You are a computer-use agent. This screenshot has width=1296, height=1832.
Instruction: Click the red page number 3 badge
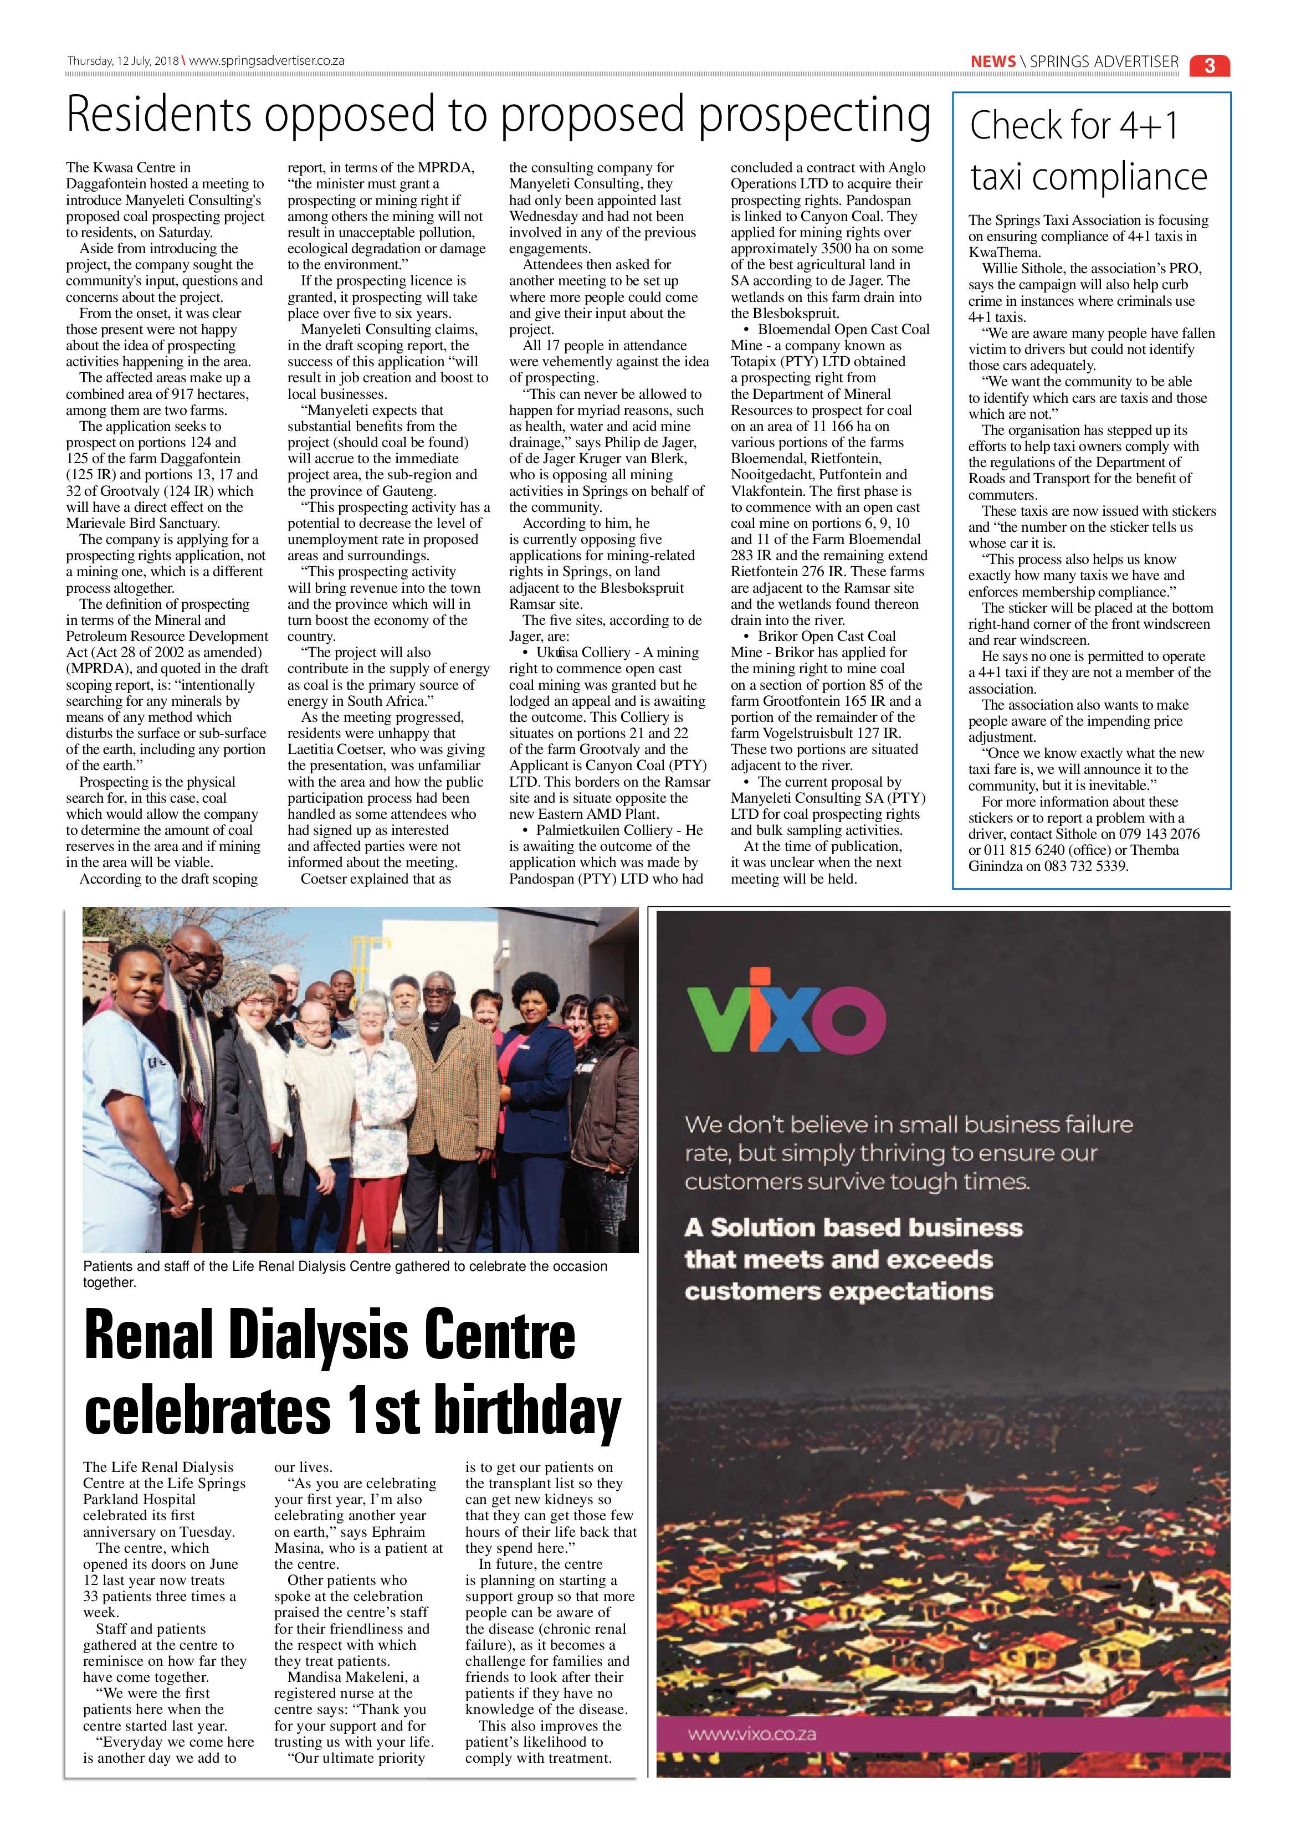[1209, 65]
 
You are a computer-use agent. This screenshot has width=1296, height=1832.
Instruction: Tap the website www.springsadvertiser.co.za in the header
[267, 60]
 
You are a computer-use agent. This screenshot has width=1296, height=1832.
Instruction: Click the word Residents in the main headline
[158, 115]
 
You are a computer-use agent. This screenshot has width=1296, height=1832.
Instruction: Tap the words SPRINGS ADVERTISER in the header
[1104, 61]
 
